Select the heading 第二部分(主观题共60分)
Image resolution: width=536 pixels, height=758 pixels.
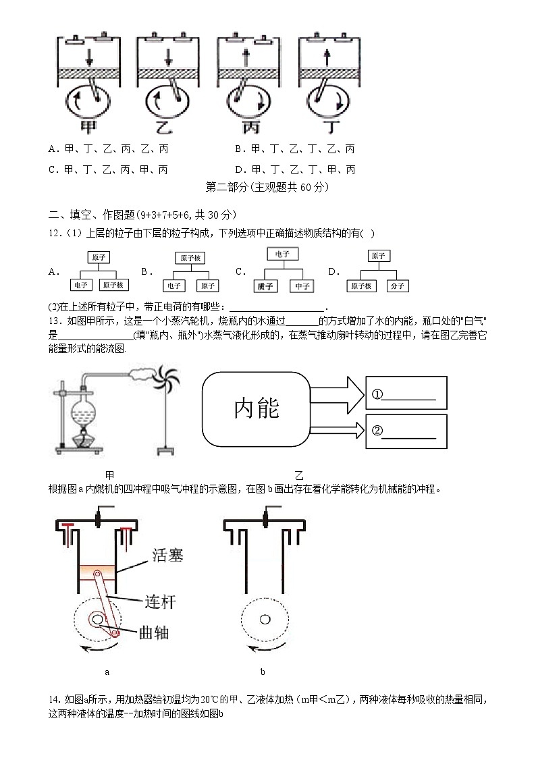(x=267, y=187)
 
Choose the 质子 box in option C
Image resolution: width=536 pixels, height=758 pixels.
(x=265, y=286)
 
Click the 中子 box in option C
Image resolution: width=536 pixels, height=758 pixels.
(x=301, y=286)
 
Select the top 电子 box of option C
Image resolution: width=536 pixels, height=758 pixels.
(x=282, y=254)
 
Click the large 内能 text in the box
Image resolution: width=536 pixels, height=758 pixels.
(x=257, y=407)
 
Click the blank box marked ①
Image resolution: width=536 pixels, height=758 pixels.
(x=406, y=392)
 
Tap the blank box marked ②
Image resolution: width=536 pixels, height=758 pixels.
(x=406, y=431)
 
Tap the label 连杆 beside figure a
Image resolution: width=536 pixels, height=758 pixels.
(x=160, y=601)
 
